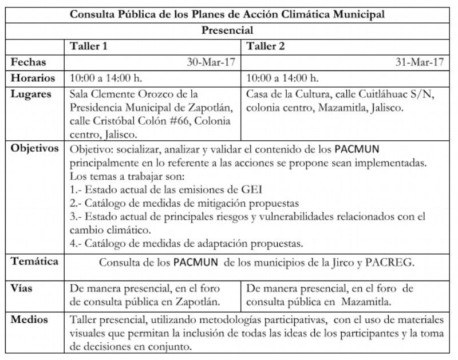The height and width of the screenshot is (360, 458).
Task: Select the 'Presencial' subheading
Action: [x=227, y=30]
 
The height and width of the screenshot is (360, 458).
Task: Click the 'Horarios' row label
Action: [x=33, y=78]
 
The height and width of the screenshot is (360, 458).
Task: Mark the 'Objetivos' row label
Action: [x=35, y=149]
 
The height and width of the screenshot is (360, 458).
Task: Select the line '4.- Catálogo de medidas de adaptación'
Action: [x=186, y=244]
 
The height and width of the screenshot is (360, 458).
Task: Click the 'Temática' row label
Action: [x=35, y=262]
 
